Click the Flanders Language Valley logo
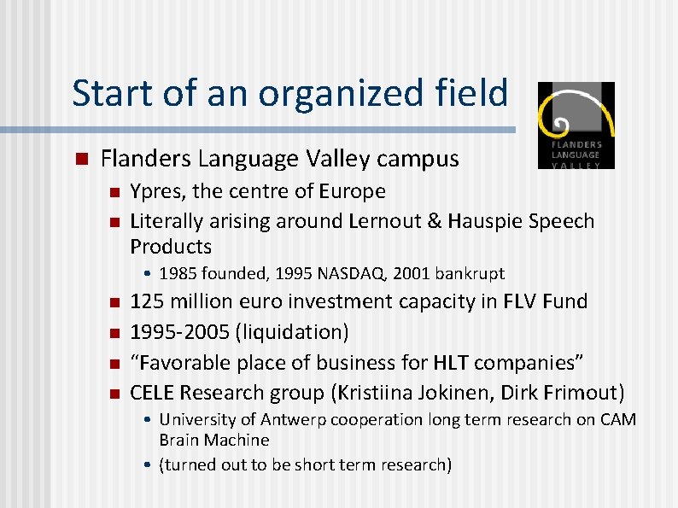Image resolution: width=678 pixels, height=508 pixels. pyautogui.click(x=576, y=125)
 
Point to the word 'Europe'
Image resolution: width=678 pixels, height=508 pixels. pyautogui.click(x=353, y=191)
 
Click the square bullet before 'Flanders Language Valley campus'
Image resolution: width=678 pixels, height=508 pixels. pyautogui.click(x=81, y=159)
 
